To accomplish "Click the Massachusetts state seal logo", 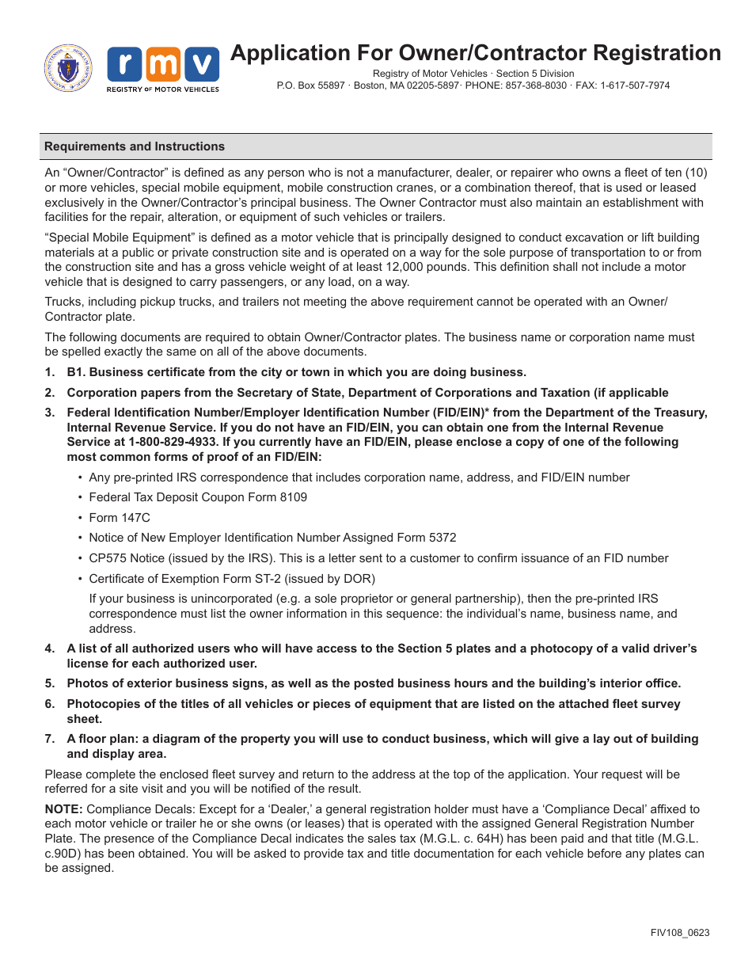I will pyautogui.click(x=68, y=68).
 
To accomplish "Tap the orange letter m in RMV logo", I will pyautogui.click(x=163, y=64).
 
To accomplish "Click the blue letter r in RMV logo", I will pyautogui.click(x=124, y=64).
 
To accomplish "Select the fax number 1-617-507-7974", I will pyautogui.click(x=633, y=86).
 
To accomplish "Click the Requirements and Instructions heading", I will pyautogui.click(x=135, y=146).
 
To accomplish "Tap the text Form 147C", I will pyautogui.click(x=120, y=518).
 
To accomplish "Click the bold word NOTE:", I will pyautogui.click(x=63, y=809).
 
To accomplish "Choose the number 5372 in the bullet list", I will pyautogui.click(x=441, y=538).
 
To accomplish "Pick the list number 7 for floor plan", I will pyautogui.click(x=50, y=739).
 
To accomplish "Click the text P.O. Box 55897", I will pyautogui.click(x=311, y=86).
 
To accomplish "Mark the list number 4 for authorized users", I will pyautogui.click(x=50, y=649).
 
